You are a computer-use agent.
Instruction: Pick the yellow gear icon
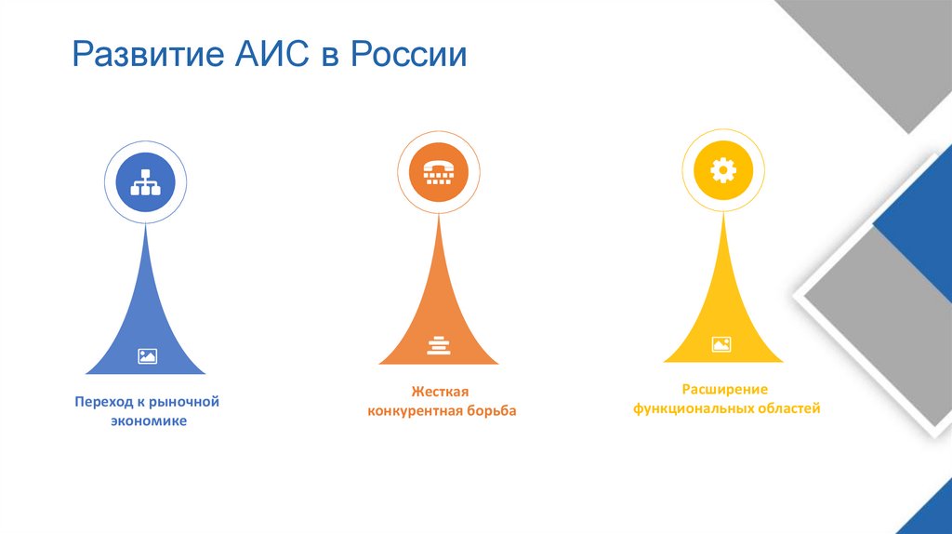coord(722,170)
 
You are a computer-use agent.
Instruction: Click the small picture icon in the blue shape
coord(147,354)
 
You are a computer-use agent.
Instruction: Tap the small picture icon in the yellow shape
coord(721,344)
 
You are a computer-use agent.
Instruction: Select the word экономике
coord(146,421)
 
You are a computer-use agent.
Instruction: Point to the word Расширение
coord(726,388)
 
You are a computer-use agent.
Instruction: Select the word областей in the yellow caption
coord(789,407)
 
